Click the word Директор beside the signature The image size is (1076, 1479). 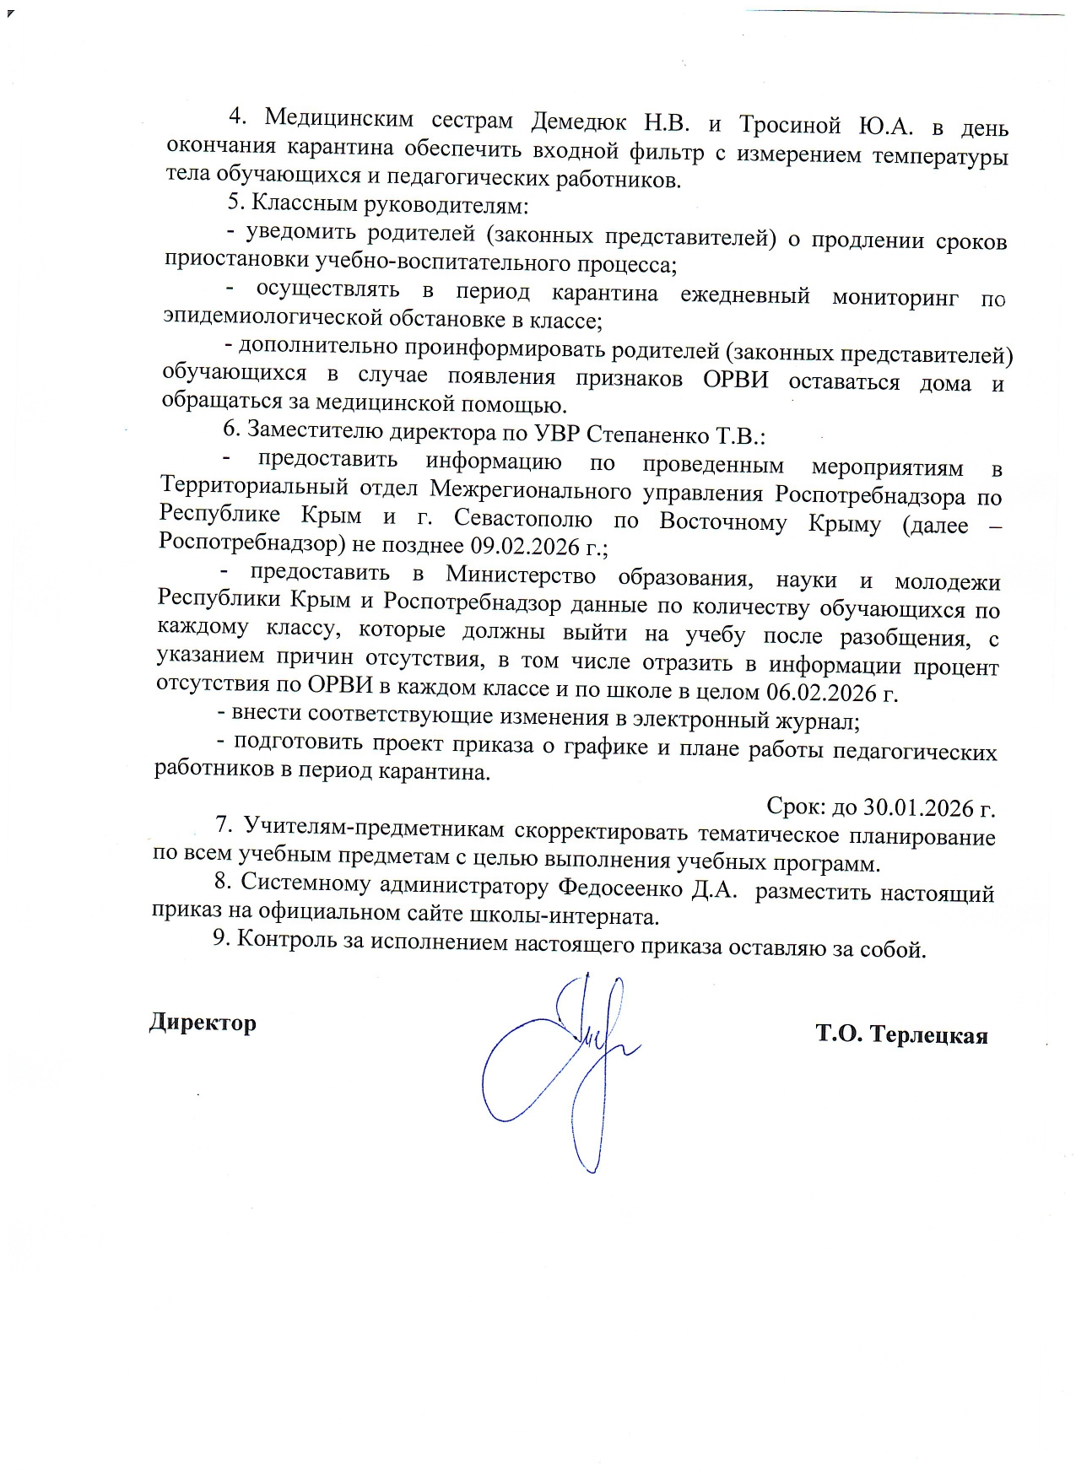203,1023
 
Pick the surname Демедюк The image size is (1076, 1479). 578,122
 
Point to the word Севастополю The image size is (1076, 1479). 522,518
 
